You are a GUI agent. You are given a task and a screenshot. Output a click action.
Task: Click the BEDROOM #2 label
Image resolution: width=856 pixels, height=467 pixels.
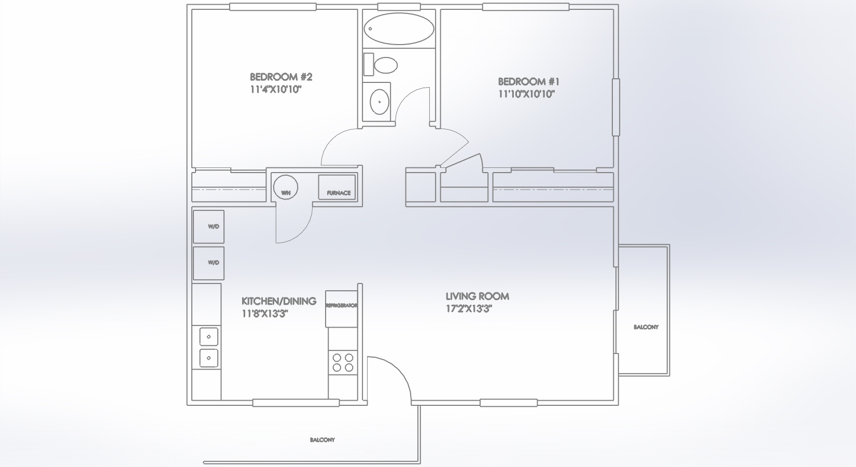point(281,77)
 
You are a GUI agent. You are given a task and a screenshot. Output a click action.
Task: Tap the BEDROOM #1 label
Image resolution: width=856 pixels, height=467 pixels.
point(528,81)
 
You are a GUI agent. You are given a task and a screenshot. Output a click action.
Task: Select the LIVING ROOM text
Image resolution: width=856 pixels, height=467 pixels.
point(478,296)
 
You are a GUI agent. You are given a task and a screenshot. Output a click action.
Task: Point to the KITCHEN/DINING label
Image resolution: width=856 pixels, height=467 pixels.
point(279,301)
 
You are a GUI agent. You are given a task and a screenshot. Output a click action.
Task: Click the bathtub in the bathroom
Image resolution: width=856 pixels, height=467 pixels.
point(399,29)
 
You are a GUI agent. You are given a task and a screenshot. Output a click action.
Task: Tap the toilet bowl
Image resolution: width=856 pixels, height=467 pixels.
point(386,65)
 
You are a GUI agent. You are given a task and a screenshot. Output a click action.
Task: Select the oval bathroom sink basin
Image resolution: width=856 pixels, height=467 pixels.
point(380,102)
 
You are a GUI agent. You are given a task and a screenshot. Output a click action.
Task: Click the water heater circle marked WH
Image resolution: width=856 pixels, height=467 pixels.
point(286,187)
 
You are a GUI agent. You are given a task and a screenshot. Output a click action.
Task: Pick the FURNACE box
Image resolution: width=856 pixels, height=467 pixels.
point(337,187)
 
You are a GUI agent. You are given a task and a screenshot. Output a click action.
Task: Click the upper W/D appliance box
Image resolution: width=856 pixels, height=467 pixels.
point(208,227)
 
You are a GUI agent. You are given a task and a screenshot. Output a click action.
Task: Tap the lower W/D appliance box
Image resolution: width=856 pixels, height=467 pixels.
point(208,263)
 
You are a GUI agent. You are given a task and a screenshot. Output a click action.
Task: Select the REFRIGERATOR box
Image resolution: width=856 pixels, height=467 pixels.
point(341,309)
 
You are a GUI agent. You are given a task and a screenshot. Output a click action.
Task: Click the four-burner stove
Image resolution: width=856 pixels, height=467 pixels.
point(343,363)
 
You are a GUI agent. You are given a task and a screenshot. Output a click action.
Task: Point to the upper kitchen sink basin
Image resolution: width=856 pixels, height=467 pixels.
point(208,337)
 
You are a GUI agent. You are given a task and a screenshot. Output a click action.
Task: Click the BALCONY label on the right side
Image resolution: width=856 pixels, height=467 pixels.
point(646,327)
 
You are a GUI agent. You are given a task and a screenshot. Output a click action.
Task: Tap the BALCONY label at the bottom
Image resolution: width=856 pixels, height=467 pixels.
point(322,440)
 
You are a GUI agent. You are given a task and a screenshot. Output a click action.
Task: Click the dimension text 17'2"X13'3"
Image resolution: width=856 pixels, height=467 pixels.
point(469,309)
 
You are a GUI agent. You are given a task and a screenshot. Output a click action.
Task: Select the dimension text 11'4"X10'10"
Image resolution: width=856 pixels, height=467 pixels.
point(276,90)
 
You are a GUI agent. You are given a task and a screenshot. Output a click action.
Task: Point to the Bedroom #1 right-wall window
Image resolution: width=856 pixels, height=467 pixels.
point(615,107)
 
